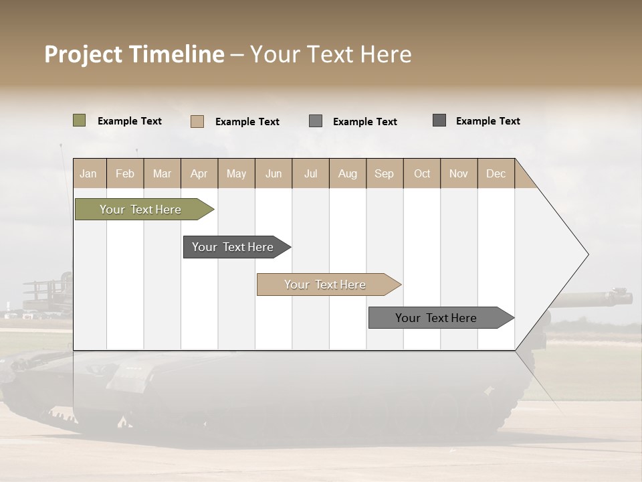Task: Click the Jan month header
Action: coord(89,173)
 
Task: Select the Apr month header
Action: coord(199,173)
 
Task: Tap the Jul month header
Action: coord(310,173)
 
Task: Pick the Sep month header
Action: coord(384,173)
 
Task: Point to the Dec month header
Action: coord(496,173)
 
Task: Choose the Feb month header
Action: coord(125,173)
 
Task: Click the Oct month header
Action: coord(422,173)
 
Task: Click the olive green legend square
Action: coord(79,120)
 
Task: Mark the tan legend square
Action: coord(197,121)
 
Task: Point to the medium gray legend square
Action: coord(316,120)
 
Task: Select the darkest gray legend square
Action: coord(439,120)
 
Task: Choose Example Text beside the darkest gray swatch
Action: coord(488,121)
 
